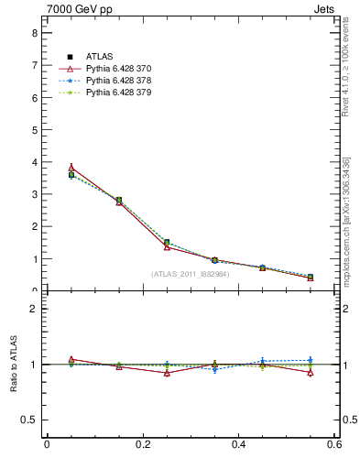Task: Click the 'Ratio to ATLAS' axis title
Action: [x=14, y=365]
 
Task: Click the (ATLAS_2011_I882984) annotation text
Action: [x=190, y=274]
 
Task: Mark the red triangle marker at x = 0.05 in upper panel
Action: [x=71, y=168]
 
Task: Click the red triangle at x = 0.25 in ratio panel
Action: [x=167, y=373]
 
